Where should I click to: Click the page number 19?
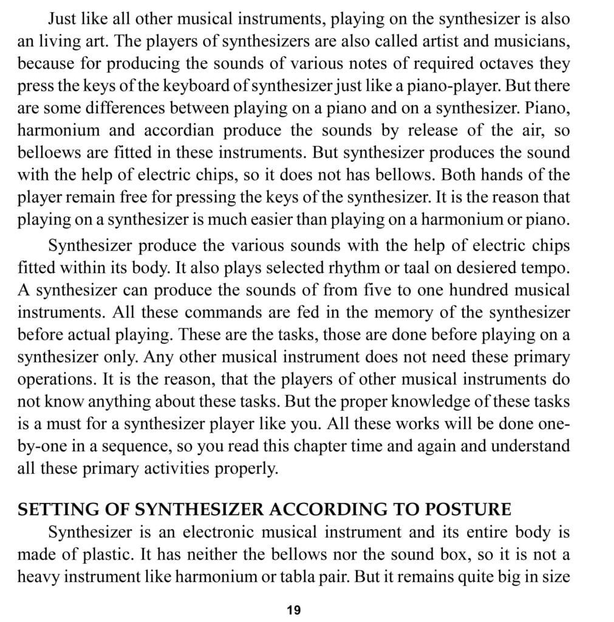pos(293,610)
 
